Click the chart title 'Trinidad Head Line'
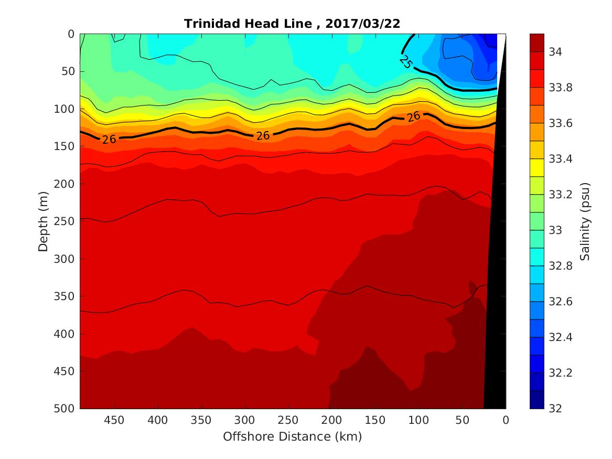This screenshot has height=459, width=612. click(251, 24)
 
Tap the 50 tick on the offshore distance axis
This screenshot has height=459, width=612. click(462, 420)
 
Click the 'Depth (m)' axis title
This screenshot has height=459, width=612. click(44, 221)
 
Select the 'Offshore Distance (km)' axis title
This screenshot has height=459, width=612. click(293, 436)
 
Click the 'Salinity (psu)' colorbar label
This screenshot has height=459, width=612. click(585, 221)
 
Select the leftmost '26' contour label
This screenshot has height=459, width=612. click(109, 139)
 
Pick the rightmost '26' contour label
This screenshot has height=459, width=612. click(414, 116)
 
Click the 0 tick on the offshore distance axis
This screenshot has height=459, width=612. click(506, 420)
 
